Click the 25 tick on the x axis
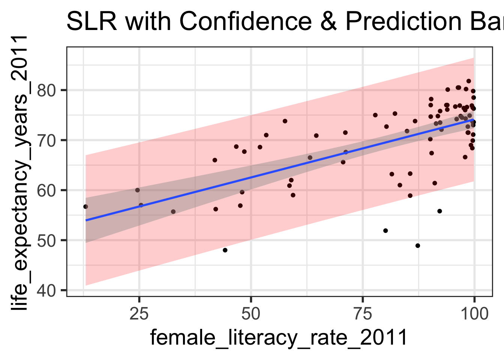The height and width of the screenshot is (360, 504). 139,313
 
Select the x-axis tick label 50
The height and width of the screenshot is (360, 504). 251,313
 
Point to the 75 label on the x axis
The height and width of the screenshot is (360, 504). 363,313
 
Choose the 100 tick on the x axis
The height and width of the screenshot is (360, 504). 474,313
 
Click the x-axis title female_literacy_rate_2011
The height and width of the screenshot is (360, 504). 279,337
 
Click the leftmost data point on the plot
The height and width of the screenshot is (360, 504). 85,207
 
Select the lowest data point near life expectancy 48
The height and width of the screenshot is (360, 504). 225,250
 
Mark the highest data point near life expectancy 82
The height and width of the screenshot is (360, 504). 469,81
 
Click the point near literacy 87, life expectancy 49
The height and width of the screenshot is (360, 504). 418,246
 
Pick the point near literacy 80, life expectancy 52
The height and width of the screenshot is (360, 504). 385,231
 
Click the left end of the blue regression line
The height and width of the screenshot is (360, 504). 86,220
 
